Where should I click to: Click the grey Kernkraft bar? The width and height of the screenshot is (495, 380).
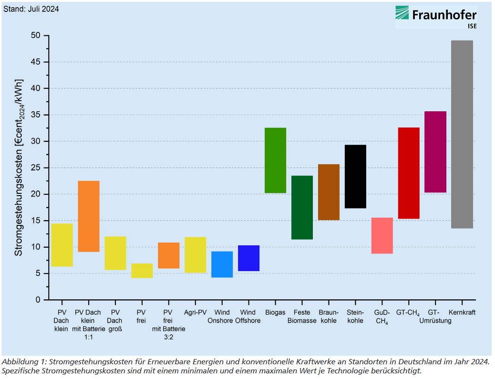462,134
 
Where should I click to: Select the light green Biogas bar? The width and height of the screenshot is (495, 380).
275,160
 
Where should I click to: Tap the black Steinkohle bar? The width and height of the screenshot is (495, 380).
355,176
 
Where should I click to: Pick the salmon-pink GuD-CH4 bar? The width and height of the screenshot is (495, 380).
382,235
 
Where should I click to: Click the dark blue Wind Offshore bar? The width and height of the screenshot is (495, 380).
248,258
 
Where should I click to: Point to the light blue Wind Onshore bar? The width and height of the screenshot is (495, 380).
222,264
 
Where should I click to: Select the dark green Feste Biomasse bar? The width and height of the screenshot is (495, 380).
302,207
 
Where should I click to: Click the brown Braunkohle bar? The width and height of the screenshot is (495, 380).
329,192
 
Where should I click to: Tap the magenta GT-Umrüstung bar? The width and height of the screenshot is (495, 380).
435,152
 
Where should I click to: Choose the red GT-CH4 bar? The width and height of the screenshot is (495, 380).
409,173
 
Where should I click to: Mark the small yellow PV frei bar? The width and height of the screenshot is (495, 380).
142,271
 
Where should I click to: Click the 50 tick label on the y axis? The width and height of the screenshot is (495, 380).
36,36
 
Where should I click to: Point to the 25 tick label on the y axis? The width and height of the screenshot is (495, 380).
36,168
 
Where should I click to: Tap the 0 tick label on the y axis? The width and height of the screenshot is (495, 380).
39,300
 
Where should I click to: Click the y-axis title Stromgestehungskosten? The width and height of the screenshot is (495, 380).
19,168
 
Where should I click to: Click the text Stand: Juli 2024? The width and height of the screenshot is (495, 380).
31,9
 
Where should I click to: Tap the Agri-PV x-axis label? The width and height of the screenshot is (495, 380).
195,313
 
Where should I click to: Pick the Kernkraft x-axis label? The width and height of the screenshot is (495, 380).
462,313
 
